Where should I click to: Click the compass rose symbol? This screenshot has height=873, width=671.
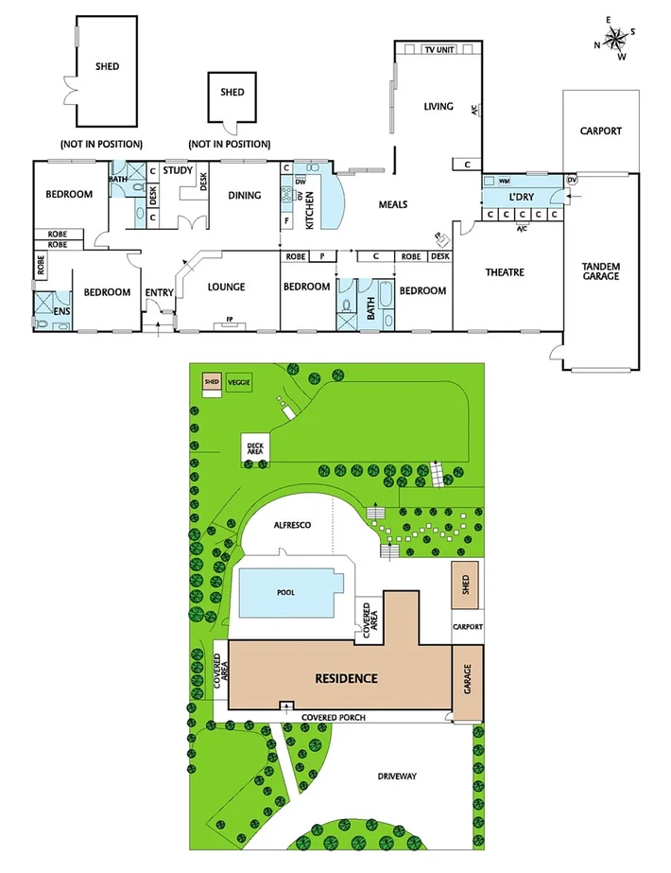point(614,38)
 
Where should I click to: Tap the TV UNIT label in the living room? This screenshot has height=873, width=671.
point(439,49)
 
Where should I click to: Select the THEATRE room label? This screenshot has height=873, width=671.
point(505,272)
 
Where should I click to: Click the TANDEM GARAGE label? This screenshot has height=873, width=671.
point(601,271)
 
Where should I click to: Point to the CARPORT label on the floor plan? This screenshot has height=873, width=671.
point(601,131)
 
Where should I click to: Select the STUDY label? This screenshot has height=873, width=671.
point(178,170)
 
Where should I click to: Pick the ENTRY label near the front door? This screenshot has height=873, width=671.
point(159,292)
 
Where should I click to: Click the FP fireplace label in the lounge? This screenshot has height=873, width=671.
point(229,320)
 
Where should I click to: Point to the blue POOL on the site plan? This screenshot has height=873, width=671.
point(286,593)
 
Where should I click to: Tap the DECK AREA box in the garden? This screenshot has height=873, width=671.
point(255,448)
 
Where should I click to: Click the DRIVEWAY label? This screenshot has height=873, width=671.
point(398,776)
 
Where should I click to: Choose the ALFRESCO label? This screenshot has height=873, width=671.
point(293,524)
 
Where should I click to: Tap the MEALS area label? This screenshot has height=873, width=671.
point(393,203)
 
